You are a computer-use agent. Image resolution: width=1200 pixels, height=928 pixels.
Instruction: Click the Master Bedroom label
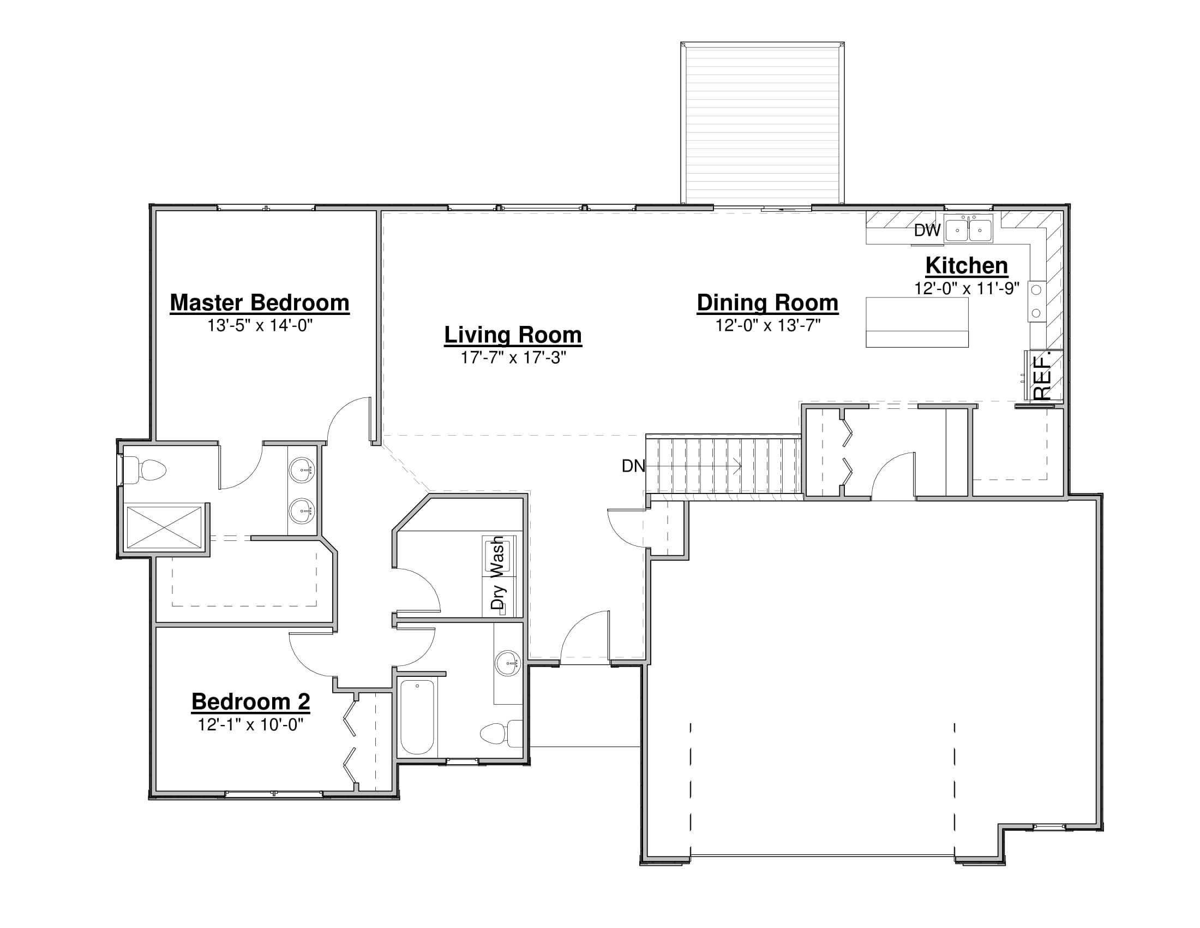pyautogui.click(x=259, y=303)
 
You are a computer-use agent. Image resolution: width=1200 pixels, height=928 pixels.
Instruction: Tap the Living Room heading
pyautogui.click(x=513, y=335)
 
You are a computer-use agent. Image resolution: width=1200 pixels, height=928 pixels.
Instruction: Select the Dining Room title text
pyautogui.click(x=767, y=303)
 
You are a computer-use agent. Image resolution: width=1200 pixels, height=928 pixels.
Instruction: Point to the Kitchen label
pyautogui.click(x=967, y=265)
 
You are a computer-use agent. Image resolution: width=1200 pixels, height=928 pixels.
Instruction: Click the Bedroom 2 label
pyautogui.click(x=250, y=701)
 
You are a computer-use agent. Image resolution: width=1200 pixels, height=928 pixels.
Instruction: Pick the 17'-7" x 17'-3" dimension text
pyautogui.click(x=513, y=358)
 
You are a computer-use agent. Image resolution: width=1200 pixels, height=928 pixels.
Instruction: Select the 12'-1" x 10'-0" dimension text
pyautogui.click(x=250, y=724)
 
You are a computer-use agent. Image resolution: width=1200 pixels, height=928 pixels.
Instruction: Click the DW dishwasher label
pyautogui.click(x=927, y=230)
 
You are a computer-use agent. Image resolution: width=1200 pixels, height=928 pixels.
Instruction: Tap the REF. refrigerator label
pyautogui.click(x=1042, y=378)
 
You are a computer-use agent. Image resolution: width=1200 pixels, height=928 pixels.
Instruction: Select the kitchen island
pyautogui.click(x=917, y=322)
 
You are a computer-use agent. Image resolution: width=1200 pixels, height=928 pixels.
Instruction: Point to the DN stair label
pyautogui.click(x=633, y=466)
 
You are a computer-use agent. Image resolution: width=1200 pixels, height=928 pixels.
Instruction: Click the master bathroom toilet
pyautogui.click(x=145, y=470)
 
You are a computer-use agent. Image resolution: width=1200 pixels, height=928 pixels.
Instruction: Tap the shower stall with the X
pyautogui.click(x=164, y=528)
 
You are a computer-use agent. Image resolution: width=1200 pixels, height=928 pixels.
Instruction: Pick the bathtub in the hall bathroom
pyautogui.click(x=417, y=717)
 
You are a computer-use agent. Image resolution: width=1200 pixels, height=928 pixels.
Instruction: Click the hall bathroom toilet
pyautogui.click(x=501, y=733)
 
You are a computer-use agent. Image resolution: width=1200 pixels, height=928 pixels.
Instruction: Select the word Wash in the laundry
pyautogui.click(x=497, y=557)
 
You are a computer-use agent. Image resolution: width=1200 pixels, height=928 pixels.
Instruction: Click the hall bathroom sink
pyautogui.click(x=508, y=664)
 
